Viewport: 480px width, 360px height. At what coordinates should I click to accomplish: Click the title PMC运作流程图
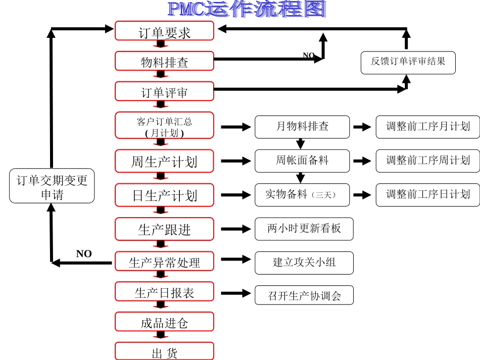pos(247,9)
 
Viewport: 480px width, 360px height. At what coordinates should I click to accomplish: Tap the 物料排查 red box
pos(164,61)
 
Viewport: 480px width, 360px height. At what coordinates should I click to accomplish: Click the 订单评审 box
pos(164,91)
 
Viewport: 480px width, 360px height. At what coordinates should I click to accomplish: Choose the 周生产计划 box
pos(164,161)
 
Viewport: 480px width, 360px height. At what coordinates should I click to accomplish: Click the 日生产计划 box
pos(164,195)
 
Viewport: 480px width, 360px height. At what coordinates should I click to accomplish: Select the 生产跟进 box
pos(164,229)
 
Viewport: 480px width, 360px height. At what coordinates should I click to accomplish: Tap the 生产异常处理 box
pos(164,262)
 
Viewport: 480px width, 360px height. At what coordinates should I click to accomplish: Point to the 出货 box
pos(164,352)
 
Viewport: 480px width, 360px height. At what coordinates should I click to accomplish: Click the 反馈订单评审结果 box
pos(408,63)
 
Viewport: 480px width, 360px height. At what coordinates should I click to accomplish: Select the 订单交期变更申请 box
pos(52,186)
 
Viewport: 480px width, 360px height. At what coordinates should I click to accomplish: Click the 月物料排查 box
pos(302,127)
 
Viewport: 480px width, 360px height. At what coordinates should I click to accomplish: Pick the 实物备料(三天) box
pos(302,194)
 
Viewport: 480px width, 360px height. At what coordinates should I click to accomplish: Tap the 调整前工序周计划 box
pos(427,161)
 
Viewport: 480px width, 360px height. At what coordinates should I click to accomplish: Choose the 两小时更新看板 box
pos(304,229)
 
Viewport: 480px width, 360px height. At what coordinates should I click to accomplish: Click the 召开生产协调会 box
pos(304,295)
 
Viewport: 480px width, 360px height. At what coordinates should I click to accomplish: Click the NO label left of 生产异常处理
pos(84,253)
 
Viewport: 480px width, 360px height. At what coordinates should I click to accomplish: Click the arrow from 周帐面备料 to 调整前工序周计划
pos(362,161)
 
